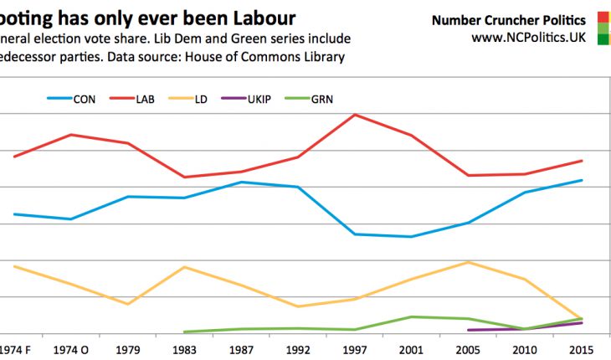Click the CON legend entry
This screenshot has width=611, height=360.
pos(72,99)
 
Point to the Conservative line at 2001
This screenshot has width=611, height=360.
pos(411,237)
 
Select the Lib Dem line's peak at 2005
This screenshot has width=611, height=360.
pos(469,262)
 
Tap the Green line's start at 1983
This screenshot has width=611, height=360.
pos(183,332)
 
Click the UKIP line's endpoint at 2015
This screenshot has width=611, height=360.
pos(582,322)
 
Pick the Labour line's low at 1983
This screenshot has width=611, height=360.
pos(183,177)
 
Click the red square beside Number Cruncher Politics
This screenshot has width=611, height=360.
pos(603,18)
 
